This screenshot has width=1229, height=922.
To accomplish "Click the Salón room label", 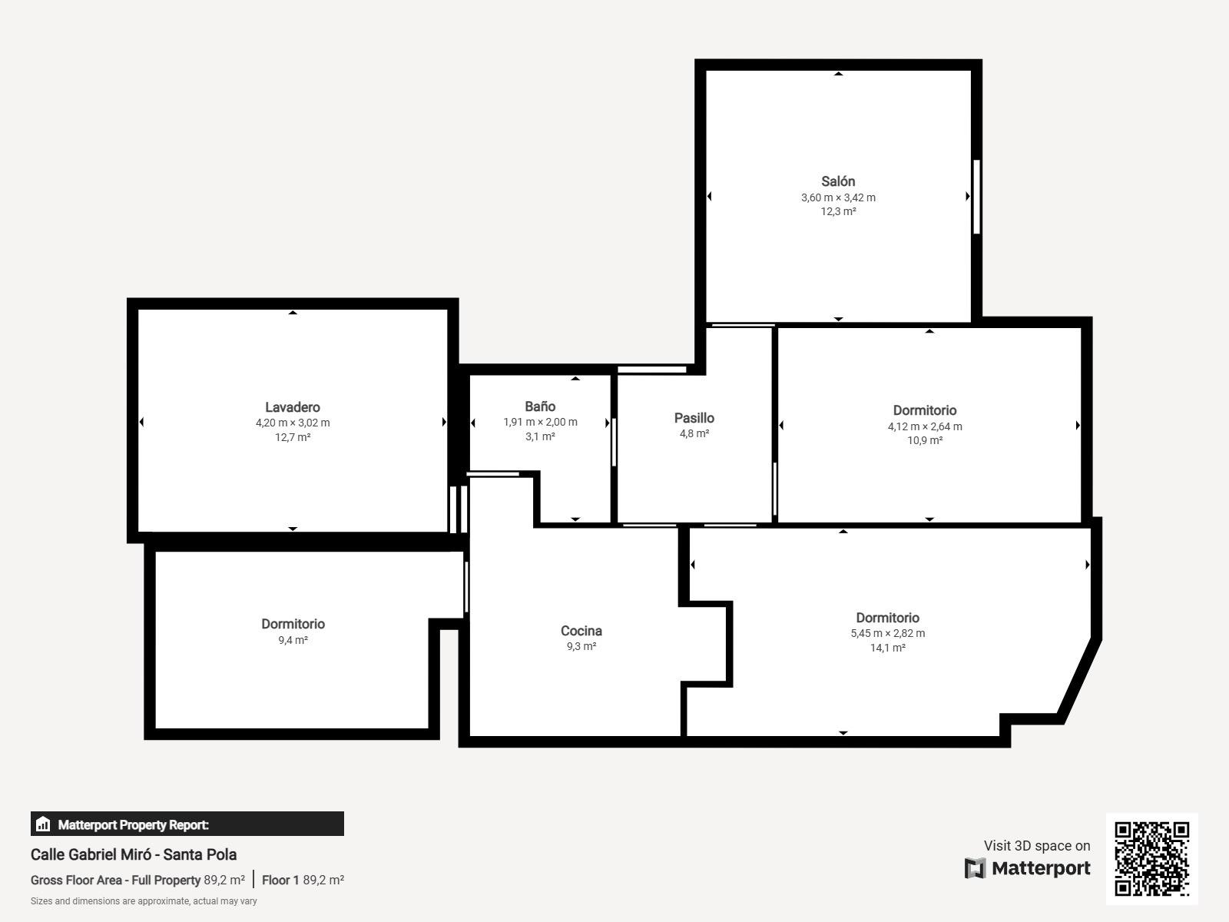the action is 837,181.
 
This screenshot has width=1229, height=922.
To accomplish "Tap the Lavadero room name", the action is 293,407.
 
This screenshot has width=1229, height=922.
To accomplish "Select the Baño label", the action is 540,406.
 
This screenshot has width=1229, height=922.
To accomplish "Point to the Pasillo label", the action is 694,418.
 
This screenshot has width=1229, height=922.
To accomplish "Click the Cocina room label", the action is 581,631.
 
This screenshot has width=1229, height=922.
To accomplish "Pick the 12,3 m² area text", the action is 838,211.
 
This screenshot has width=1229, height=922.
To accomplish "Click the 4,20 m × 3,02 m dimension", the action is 293,423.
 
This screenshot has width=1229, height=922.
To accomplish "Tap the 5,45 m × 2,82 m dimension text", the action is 887,633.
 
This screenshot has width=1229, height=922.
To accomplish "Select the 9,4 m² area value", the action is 293,640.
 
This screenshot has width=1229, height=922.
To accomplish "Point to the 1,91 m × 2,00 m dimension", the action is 540,422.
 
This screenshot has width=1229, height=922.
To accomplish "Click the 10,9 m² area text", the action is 925,440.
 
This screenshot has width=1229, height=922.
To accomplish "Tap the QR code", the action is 1151,859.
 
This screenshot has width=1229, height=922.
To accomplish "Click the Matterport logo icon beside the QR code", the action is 975,868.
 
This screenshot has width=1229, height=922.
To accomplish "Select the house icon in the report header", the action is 43,824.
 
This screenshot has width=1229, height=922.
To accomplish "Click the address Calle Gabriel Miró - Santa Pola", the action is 133,854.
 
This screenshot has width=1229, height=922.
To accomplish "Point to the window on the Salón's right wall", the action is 976,197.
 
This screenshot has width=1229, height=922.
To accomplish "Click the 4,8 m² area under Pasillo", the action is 694,433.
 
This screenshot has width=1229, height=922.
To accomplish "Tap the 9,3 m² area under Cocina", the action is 581,646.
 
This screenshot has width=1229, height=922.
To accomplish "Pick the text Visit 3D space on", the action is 1037,845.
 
